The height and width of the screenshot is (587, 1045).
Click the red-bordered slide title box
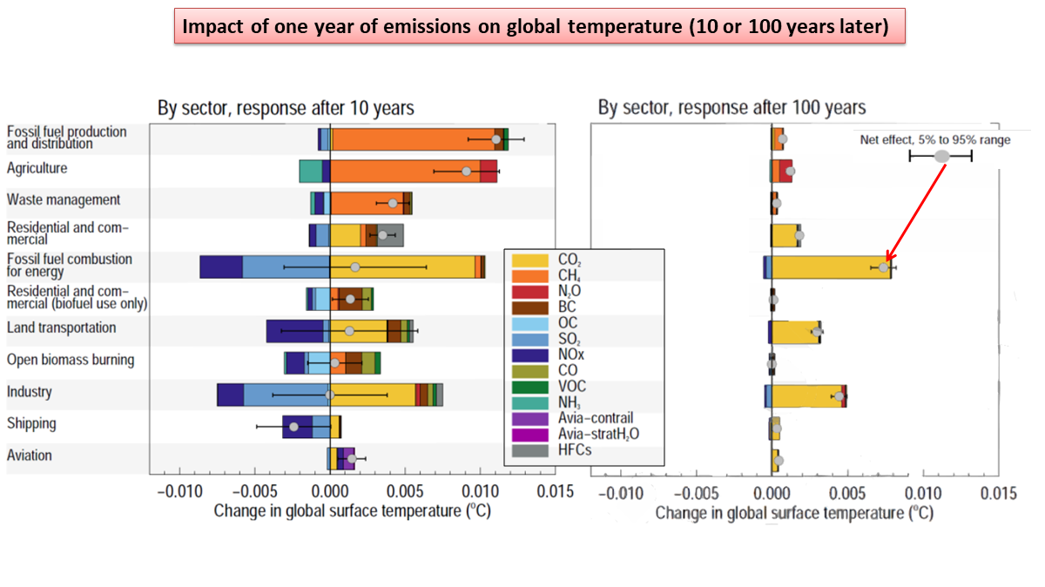[x=541, y=27]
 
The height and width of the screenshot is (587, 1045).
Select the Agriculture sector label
[x=37, y=168]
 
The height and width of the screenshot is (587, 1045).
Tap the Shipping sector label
[x=31, y=423]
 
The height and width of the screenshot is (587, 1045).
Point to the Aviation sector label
[x=30, y=455]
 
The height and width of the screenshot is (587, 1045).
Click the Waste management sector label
[x=64, y=199]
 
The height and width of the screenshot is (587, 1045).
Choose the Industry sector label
[x=30, y=391]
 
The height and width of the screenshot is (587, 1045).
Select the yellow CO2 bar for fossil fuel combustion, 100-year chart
[x=827, y=267]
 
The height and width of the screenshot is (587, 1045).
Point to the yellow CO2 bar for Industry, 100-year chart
[x=806, y=396]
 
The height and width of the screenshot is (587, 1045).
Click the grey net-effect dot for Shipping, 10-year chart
[x=294, y=427]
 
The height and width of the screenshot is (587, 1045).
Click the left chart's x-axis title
[x=352, y=511]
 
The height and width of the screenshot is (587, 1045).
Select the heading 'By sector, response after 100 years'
[x=731, y=108]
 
